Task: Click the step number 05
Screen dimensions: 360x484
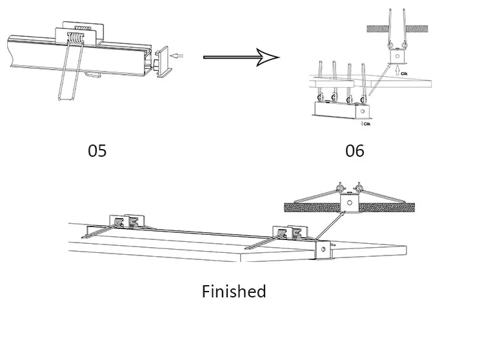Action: [x=97, y=150]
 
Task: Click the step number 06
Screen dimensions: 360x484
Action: [x=355, y=150]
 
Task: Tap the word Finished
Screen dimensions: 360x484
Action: [x=234, y=292]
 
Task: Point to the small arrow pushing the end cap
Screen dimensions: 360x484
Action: [x=183, y=57]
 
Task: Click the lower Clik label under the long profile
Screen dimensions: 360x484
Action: [x=365, y=123]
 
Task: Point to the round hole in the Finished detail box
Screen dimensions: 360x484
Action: [x=349, y=203]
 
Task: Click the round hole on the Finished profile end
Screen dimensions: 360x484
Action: [x=320, y=250]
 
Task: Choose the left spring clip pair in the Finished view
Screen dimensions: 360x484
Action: [x=125, y=223]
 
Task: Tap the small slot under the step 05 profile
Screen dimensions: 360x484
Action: [x=94, y=75]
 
